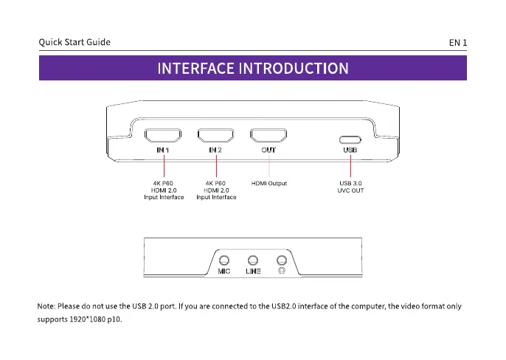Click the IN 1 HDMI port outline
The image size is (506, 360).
[x=163, y=129]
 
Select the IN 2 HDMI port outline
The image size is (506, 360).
[x=215, y=129]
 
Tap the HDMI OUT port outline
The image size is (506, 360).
[x=268, y=129]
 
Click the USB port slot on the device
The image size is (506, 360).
[x=350, y=136]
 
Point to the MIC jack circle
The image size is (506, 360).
[x=224, y=256]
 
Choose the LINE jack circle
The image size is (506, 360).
[x=253, y=256]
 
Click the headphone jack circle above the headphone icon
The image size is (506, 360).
[x=282, y=256]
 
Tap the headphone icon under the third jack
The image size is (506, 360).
[x=282, y=271]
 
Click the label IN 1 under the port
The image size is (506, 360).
[x=162, y=150]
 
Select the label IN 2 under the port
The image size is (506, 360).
[x=215, y=150]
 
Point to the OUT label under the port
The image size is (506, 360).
[x=268, y=150]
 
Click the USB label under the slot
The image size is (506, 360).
[x=350, y=150]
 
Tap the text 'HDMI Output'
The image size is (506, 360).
[x=269, y=184]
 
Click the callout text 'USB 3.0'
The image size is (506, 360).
[x=350, y=184]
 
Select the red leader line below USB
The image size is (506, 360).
[x=350, y=166]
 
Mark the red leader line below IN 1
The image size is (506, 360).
[x=164, y=166]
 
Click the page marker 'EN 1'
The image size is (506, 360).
[x=458, y=43]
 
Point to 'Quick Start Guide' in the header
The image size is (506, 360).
[x=74, y=42]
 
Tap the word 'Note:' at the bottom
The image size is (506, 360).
[x=46, y=306]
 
